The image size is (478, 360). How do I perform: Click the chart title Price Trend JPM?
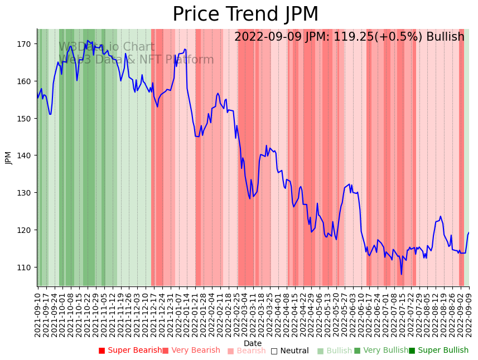point(245,14)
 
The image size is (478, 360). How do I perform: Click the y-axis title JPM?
point(8,158)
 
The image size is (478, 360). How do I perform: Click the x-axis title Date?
point(253,344)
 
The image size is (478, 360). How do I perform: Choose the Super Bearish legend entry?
point(130,351)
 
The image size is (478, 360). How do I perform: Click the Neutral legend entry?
point(290,351)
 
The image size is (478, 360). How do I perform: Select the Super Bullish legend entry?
point(438,351)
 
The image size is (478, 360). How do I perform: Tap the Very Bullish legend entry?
point(381,351)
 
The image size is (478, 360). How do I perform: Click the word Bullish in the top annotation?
point(445,37)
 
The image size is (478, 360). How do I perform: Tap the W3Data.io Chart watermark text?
point(106,47)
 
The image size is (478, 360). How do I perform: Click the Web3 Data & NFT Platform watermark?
point(136,60)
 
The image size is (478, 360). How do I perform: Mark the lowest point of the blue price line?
point(401,274)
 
